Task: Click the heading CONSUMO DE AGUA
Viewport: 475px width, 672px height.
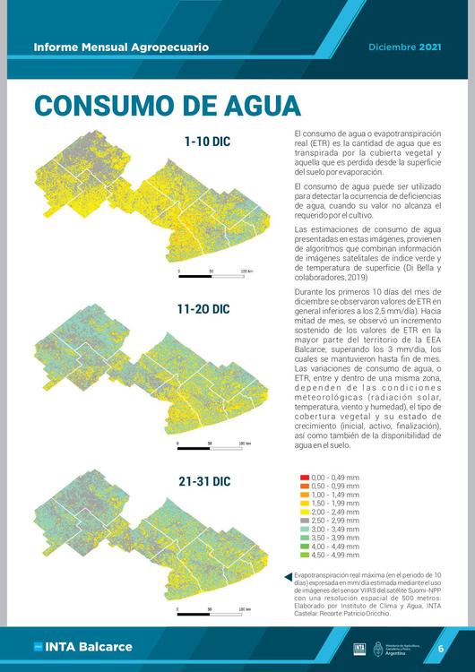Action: [168, 105]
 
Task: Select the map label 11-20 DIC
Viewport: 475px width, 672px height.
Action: [203, 309]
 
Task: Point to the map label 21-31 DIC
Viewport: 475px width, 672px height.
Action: [203, 482]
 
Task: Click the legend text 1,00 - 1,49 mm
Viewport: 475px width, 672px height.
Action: [335, 495]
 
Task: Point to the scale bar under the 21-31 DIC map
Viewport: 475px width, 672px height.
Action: [212, 616]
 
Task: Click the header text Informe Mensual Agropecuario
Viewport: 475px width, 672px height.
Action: [121, 47]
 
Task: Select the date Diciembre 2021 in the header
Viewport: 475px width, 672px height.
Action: [405, 47]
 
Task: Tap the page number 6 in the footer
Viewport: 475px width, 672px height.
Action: [440, 648]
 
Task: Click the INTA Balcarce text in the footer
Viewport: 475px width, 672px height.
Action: [88, 647]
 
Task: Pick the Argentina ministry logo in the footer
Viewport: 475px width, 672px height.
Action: [391, 647]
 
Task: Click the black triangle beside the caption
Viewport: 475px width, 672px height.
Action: [287, 576]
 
